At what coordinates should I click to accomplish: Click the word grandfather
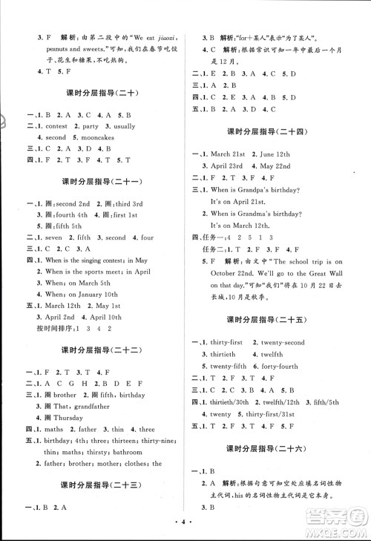(x=90, y=406)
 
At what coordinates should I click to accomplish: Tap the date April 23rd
(x=230, y=165)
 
